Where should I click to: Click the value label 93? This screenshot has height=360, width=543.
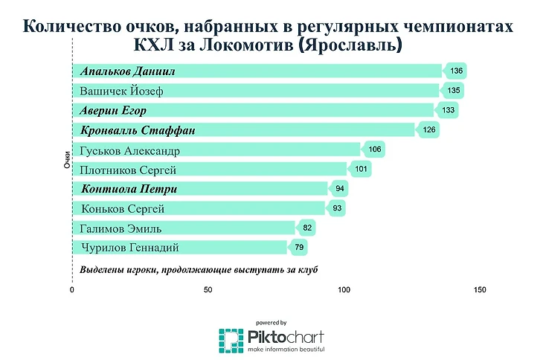337,208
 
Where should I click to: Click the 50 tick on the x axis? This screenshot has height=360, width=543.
208,290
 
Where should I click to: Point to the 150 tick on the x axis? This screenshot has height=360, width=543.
480,290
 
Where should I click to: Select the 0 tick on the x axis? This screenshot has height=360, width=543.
72,290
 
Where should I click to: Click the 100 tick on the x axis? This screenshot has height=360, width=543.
344,290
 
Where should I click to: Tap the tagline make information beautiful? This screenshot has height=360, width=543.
286,349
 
